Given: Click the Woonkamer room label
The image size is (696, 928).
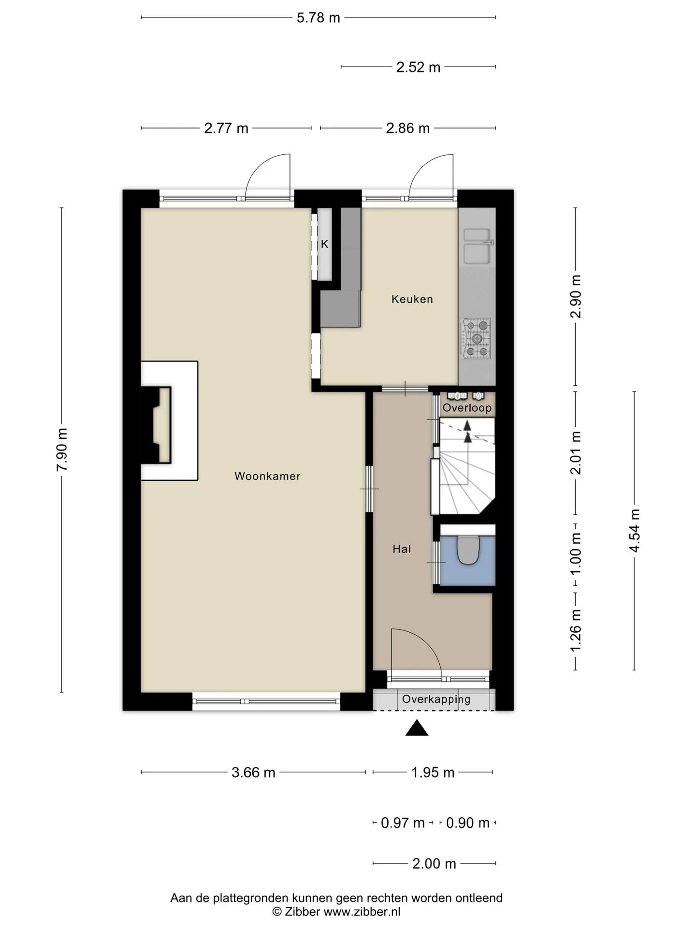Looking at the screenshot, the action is point(267,476).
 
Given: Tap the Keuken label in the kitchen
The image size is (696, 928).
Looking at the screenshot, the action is point(412,299).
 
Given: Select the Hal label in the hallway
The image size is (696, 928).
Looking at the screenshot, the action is point(402,549).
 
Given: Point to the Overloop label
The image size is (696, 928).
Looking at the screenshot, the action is point(467,408).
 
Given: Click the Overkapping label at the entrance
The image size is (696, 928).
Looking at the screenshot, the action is point(436,699).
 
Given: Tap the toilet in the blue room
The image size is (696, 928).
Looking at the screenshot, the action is point(467,550).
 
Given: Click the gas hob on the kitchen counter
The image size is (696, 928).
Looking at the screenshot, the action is point(476,338).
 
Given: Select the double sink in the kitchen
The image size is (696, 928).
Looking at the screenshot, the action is point(477,246).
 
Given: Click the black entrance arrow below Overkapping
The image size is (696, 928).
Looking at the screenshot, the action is point(417,728).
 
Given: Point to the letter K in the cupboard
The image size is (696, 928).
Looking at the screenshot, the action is point(325,244).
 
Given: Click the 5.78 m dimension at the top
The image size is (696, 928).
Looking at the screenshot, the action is point(318,18).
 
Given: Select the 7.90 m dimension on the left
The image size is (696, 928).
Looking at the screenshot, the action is point(62,449).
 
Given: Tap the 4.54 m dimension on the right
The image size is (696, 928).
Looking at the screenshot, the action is point(634,531).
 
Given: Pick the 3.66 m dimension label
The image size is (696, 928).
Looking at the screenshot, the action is point(253,772).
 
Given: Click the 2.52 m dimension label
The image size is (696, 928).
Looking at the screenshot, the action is point(418,67).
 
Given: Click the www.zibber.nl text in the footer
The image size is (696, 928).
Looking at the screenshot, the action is point(362,912).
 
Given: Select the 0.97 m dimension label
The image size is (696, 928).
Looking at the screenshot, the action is point(403,823).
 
